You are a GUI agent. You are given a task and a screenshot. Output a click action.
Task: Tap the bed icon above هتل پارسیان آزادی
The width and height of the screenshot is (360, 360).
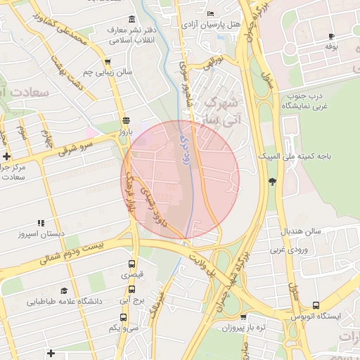(x=211, y=13)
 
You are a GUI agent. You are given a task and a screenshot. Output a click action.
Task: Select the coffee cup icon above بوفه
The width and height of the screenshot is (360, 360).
(x=331, y=35)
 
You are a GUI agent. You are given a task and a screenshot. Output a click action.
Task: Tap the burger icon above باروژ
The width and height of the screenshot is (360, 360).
(x=126, y=120)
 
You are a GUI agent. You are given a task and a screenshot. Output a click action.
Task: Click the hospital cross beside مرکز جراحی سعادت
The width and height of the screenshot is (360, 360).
(x=6, y=156)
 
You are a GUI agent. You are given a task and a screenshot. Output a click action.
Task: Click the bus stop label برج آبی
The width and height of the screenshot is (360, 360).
(x=131, y=300)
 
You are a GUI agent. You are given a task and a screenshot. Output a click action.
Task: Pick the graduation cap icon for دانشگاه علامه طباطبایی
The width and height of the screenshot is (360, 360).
(x=64, y=290)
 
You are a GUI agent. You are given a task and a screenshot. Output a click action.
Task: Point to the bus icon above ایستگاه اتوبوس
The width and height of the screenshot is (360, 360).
(x=316, y=306)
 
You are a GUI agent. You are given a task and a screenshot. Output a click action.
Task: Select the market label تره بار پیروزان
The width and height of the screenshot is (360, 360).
(x=240, y=328)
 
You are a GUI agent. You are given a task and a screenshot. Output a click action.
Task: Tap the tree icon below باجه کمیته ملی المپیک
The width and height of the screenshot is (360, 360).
(x=272, y=181)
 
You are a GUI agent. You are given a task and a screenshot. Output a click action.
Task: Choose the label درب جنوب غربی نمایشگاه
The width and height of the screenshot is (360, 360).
(x=309, y=100)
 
